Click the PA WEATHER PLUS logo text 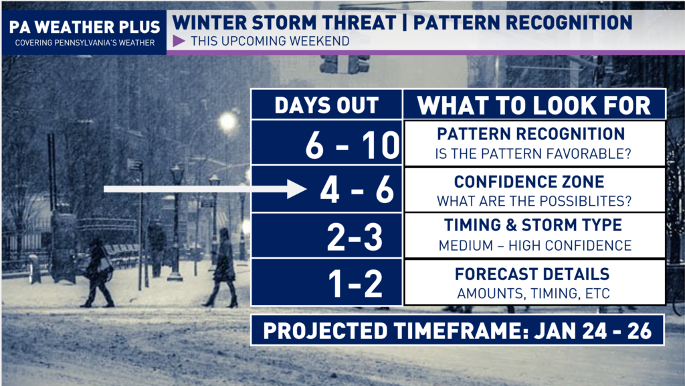pyautogui.click(x=84, y=27)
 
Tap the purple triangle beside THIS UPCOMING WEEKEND pyautogui.click(x=179, y=41)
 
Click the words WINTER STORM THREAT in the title pyautogui.click(x=284, y=23)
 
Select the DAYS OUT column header pyautogui.click(x=326, y=105)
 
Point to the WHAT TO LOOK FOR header pyautogui.click(x=534, y=105)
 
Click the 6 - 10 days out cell pyautogui.click(x=326, y=143)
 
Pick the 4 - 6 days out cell pyautogui.click(x=326, y=190)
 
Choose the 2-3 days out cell pyautogui.click(x=326, y=236)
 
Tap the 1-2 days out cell pyautogui.click(x=326, y=282)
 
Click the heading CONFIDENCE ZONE pyautogui.click(x=529, y=182)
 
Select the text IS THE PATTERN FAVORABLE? pyautogui.click(x=533, y=154)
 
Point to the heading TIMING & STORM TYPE pyautogui.click(x=533, y=225)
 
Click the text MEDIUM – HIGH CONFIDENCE pyautogui.click(x=534, y=245)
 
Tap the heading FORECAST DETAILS pyautogui.click(x=532, y=274)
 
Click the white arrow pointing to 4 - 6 pyautogui.click(x=205, y=189)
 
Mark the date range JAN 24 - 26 pyautogui.click(x=593, y=331)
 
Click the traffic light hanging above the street pyautogui.click(x=345, y=64)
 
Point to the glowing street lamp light pyautogui.click(x=227, y=122)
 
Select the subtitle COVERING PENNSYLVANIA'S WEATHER pyautogui.click(x=85, y=43)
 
